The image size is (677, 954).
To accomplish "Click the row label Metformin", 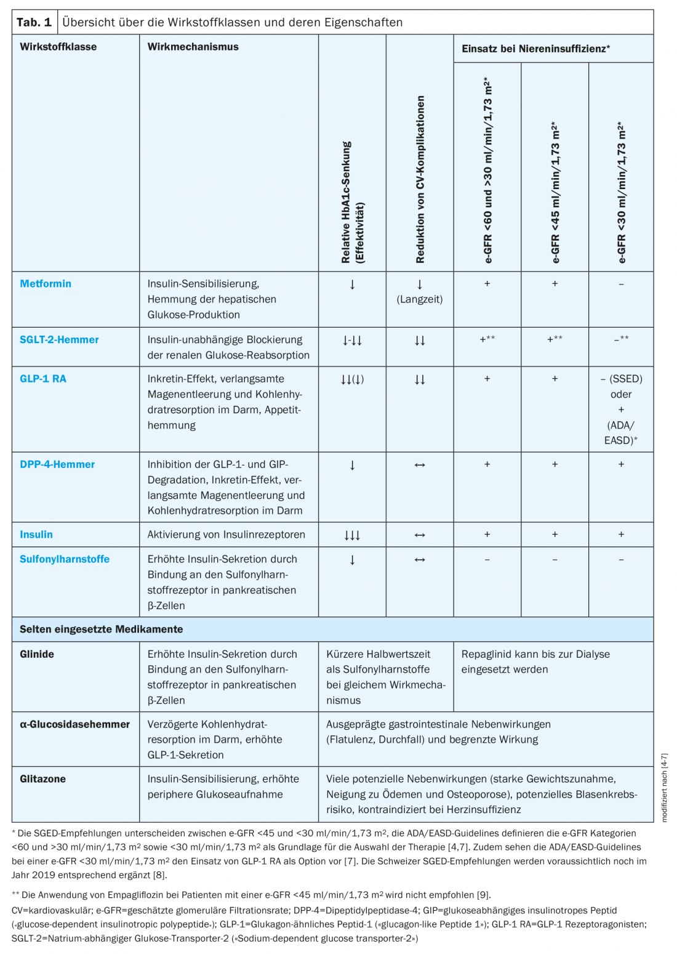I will pyautogui.click(x=46, y=284).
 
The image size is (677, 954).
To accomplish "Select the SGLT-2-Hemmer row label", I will pyautogui.click(x=59, y=340).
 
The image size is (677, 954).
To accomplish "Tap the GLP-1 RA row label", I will pyautogui.click(x=43, y=379).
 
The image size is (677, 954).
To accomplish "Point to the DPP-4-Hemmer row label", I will pyautogui.click(x=57, y=464).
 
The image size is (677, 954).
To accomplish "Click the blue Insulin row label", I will pyautogui.click(x=36, y=535).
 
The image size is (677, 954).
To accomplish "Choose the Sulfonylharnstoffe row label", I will pyautogui.click(x=65, y=559).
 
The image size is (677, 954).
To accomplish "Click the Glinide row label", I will pyautogui.click(x=37, y=654).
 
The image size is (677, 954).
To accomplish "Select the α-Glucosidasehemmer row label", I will pyautogui.click(x=74, y=724).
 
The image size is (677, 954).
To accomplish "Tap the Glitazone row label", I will pyautogui.click(x=42, y=779).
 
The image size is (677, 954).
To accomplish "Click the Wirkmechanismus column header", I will pyautogui.click(x=193, y=47).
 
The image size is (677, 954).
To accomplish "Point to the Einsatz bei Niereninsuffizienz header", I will pyautogui.click(x=535, y=49).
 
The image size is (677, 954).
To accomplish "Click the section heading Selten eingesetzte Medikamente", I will pyautogui.click(x=102, y=629).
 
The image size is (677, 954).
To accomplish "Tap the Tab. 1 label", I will pyautogui.click(x=34, y=23).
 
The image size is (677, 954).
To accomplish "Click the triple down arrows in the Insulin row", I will pyautogui.click(x=352, y=535).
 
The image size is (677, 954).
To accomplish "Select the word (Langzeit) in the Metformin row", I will pyautogui.click(x=420, y=299).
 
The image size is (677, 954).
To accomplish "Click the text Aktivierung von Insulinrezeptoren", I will pyautogui.click(x=226, y=535).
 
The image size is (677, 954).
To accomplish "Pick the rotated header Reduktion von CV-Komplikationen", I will pyautogui.click(x=420, y=180).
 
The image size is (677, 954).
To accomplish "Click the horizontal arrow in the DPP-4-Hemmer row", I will pyautogui.click(x=420, y=465).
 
